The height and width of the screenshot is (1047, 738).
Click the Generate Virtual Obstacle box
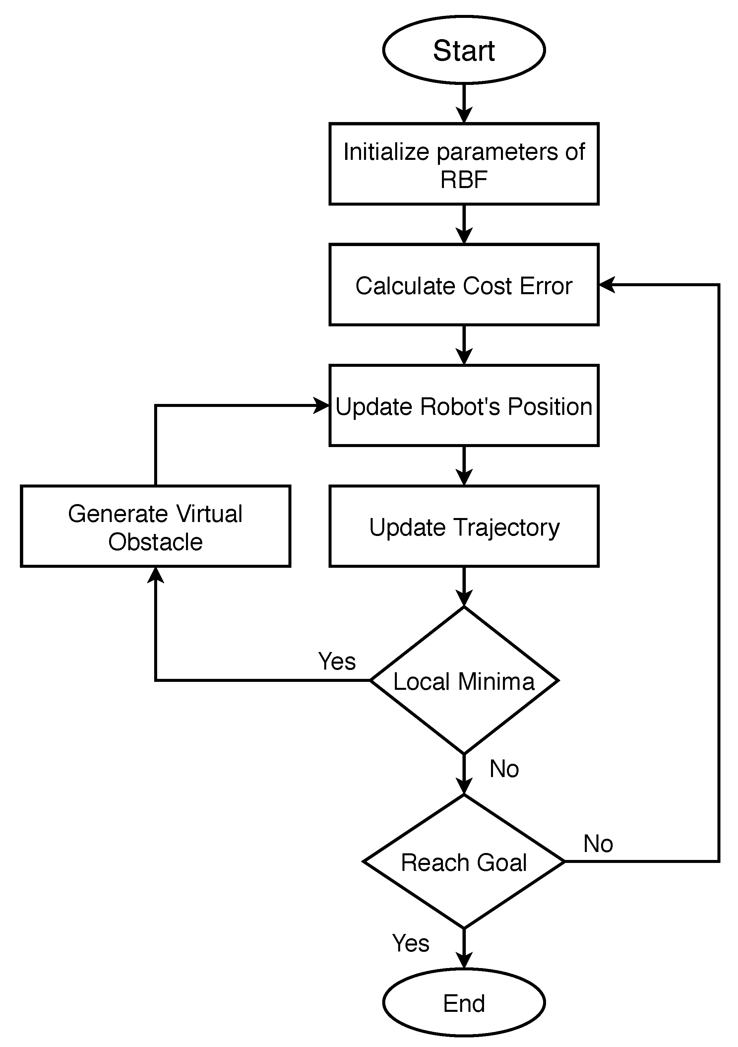pyautogui.click(x=155, y=526)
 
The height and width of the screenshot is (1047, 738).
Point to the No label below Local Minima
pyautogui.click(x=504, y=768)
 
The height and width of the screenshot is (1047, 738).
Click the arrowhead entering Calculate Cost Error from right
pyautogui.click(x=606, y=285)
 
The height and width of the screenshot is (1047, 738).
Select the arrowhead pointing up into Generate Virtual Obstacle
pyautogui.click(x=155, y=575)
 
